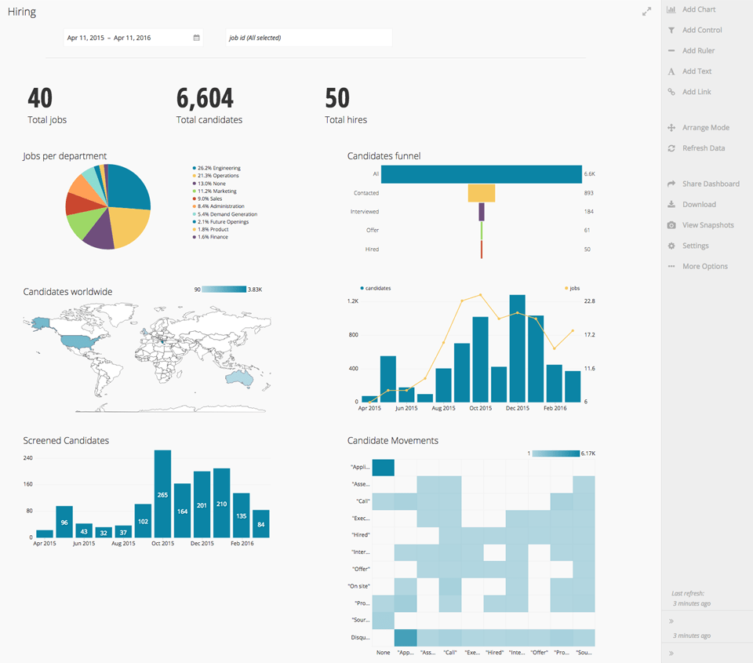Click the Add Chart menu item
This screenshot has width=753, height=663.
click(x=698, y=9)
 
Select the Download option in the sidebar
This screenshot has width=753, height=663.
click(x=698, y=205)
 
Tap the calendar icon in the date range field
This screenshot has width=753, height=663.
click(x=196, y=38)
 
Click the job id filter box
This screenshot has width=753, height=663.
click(x=308, y=38)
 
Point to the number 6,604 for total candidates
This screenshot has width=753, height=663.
click(x=205, y=98)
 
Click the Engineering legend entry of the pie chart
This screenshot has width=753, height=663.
click(x=219, y=168)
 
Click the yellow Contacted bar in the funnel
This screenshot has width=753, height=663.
click(x=482, y=193)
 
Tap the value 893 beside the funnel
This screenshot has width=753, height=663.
click(x=589, y=193)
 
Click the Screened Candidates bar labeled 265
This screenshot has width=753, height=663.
click(x=162, y=494)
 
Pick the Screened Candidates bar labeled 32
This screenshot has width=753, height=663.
click(x=104, y=531)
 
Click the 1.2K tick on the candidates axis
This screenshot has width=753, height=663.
click(x=353, y=301)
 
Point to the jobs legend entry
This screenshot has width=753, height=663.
click(x=573, y=288)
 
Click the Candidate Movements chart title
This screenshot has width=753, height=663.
click(x=392, y=441)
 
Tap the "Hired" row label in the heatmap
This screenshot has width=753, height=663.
click(x=360, y=535)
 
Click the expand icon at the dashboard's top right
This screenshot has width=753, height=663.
click(x=646, y=12)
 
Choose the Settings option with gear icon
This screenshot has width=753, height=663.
click(x=695, y=246)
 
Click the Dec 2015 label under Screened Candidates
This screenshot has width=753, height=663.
click(x=202, y=543)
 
